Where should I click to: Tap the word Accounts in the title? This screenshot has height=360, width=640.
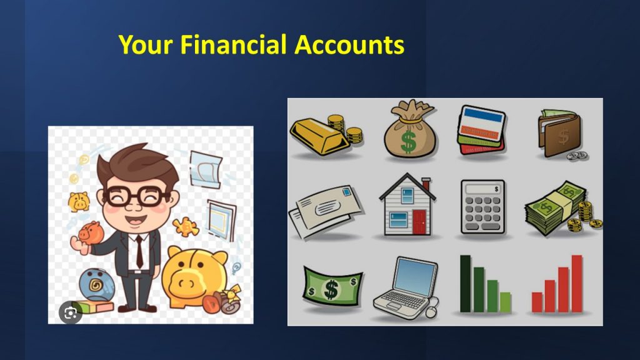pyautogui.click(x=349, y=44)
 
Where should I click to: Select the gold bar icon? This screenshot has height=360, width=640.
pyautogui.click(x=319, y=136)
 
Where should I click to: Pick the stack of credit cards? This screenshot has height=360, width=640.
pyautogui.click(x=481, y=130)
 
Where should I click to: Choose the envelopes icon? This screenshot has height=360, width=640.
pyautogui.click(x=325, y=211)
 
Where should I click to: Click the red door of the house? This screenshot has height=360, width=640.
pyautogui.click(x=419, y=222)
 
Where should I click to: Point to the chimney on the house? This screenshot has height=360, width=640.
pyautogui.click(x=426, y=184)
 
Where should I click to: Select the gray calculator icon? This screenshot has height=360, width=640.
pyautogui.click(x=483, y=207)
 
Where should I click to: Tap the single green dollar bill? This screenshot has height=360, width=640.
pyautogui.click(x=332, y=287)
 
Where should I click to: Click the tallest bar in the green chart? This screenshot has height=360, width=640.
pyautogui.click(x=465, y=284)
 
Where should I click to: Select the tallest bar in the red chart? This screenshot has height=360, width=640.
pyautogui.click(x=577, y=284)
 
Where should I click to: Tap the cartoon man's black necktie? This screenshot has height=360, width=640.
pyautogui.click(x=139, y=251)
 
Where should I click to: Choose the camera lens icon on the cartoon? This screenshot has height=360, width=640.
pyautogui.click(x=70, y=313)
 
